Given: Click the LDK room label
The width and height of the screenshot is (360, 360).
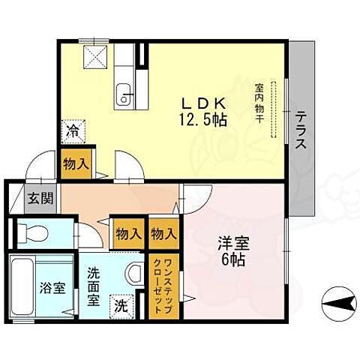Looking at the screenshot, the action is (x=203, y=103).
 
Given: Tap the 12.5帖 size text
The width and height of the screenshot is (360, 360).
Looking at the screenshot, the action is (x=203, y=121).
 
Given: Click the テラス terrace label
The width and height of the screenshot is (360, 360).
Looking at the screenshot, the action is (x=301, y=130).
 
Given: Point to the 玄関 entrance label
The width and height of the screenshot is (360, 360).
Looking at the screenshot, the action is (x=40, y=198).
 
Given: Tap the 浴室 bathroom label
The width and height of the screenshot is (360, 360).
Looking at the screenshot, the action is (x=53, y=287).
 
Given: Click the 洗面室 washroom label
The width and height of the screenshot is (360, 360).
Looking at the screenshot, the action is (x=94, y=286).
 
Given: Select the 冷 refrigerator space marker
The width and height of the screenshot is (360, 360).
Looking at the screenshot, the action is (x=73, y=131).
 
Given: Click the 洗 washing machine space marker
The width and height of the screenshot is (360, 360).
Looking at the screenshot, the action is (x=121, y=307).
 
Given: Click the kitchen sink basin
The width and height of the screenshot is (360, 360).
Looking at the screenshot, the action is (x=124, y=96).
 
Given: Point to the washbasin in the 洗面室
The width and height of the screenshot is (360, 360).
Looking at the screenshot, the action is (x=134, y=273).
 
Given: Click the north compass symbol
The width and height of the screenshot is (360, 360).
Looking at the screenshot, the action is (x=339, y=304).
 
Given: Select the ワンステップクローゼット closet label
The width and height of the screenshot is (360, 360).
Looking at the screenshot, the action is (x=163, y=286).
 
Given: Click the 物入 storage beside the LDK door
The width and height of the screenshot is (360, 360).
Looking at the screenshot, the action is (x=76, y=163).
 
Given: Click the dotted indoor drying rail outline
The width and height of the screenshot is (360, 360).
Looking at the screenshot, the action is (x=274, y=109).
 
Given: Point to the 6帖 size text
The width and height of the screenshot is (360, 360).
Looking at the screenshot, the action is (x=232, y=259).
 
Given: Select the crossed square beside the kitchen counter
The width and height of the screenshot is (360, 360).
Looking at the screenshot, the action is (x=95, y=57).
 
